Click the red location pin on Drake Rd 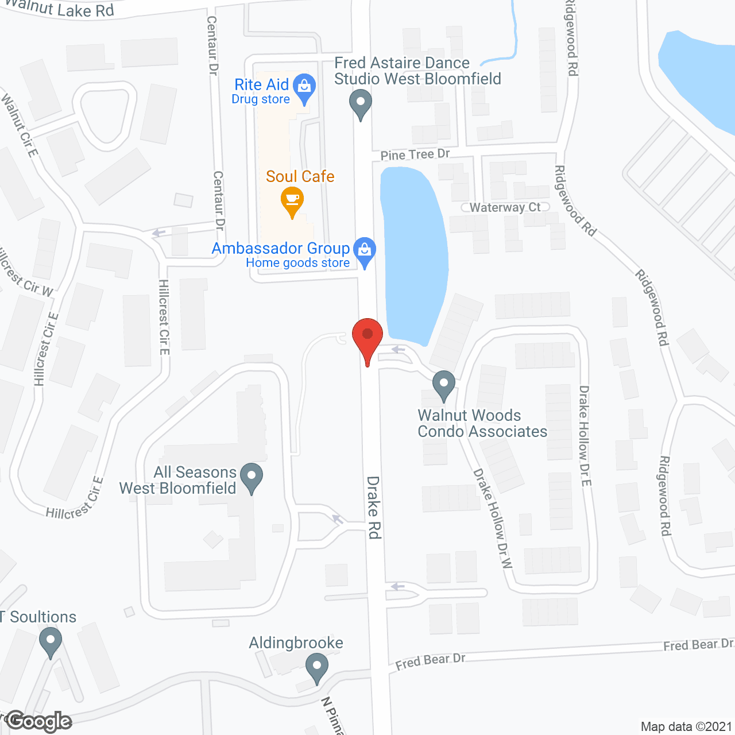point(367,336)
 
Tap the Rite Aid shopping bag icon point(304,87)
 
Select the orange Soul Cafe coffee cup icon point(292,200)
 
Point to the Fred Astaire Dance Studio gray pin point(361,103)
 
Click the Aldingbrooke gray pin point(316,667)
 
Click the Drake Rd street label point(374,507)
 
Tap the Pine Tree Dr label point(415,154)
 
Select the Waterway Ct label point(505,207)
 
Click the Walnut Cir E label point(20,126)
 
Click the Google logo point(39,721)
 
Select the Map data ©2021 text point(686,726)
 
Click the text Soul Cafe point(300,176)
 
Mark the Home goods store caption point(297,263)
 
